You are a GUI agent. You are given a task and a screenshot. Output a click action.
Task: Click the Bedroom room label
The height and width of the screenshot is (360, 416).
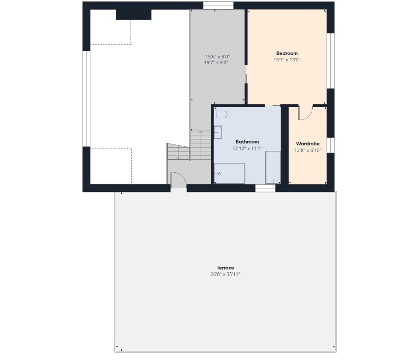287,54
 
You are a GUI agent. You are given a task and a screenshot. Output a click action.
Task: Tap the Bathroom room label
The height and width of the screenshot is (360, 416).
247,142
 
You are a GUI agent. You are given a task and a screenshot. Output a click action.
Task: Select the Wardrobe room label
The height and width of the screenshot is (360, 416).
308,144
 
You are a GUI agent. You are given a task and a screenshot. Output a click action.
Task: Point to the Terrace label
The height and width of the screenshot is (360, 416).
225,268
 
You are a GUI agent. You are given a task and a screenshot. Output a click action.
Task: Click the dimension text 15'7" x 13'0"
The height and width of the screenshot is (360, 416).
287,60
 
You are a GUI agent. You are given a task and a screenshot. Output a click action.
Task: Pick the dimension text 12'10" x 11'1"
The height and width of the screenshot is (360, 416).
247,149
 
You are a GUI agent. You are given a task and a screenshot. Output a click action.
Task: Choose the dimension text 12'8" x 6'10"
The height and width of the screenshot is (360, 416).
308,150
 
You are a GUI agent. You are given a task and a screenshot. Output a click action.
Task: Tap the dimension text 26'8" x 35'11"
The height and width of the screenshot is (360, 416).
225,274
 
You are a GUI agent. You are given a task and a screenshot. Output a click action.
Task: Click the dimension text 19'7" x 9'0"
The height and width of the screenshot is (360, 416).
216,63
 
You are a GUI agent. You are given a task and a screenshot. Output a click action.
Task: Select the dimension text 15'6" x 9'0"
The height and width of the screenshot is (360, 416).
218,57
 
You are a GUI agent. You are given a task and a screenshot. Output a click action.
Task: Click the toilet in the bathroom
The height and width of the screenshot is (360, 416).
221,114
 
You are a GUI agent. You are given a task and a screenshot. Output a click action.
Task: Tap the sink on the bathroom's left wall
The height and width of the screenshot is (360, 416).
218,132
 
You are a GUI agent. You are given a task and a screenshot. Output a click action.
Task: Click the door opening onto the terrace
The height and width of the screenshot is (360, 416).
178,180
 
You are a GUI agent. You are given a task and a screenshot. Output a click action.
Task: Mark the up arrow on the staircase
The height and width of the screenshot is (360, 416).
201,144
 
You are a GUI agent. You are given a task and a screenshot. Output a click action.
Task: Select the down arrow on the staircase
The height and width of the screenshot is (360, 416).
178,153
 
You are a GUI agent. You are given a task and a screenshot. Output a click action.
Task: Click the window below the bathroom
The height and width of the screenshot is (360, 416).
265,188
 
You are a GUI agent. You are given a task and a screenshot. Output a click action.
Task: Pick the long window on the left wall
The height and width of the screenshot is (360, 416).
87,99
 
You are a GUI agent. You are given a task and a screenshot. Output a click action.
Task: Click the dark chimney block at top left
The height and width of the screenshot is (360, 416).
134,15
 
